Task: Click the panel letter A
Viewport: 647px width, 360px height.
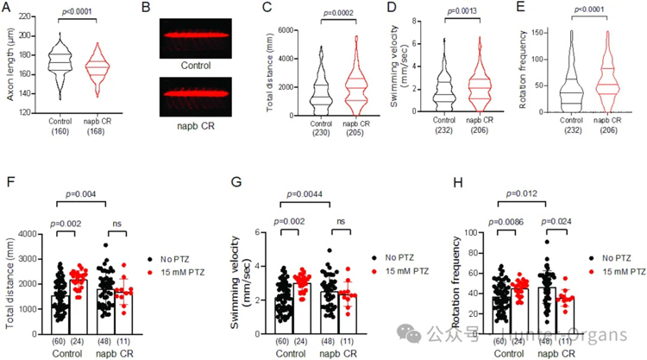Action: pyautogui.click(x=7, y=9)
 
